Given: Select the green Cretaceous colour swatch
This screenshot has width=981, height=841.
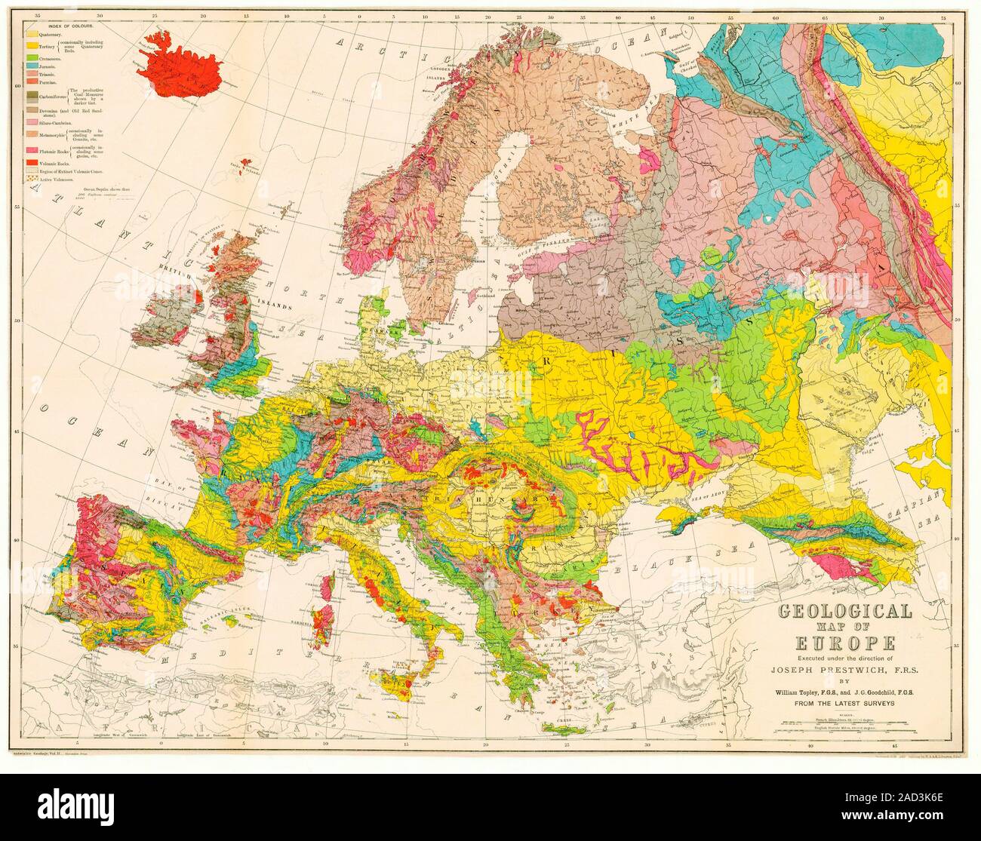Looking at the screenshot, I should (x=32, y=57).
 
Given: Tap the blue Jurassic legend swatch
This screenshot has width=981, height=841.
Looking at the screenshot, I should (x=32, y=66).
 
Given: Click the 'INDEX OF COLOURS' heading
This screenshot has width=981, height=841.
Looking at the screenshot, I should (x=60, y=26).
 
